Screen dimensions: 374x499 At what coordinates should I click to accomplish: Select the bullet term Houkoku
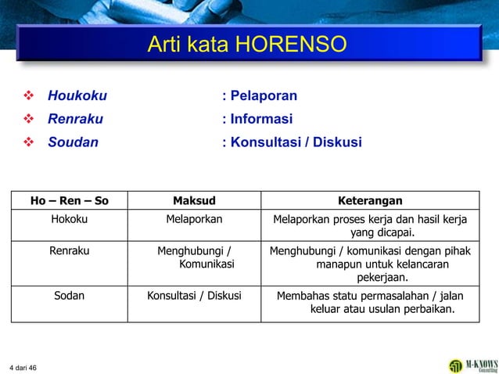77,97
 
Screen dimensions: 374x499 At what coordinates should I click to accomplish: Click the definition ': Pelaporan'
260,97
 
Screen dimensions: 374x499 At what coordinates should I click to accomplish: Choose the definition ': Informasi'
257,120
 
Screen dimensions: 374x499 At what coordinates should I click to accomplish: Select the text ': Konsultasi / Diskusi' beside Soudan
292,142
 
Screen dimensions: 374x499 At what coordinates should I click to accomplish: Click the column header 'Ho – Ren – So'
69,201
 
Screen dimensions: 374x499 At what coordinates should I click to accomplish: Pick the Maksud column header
194,201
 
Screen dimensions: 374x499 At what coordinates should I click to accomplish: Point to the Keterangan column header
370,201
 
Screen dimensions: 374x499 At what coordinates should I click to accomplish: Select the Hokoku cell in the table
69,219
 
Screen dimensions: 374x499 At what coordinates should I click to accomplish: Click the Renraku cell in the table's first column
69,251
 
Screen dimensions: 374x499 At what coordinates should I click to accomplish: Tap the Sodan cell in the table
69,296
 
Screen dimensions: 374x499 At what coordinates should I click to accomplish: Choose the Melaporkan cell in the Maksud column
194,219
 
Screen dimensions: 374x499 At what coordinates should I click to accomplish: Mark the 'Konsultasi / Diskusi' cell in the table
194,296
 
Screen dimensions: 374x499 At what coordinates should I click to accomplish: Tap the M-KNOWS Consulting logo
472,365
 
